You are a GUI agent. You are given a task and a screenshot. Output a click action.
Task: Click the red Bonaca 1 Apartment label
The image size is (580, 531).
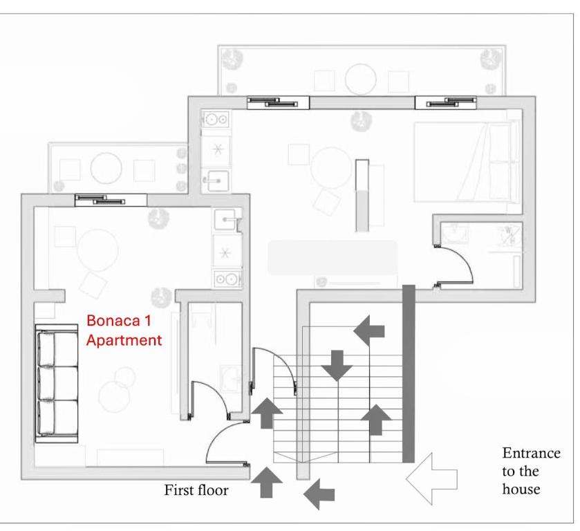pyautogui.click(x=124, y=330)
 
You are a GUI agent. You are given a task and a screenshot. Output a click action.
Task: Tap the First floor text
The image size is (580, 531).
pyautogui.click(x=196, y=490)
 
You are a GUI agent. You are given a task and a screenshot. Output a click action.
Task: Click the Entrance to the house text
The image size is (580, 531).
pyautogui.click(x=531, y=471)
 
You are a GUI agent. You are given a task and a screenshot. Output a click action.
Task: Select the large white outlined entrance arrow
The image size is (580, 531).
pyautogui.click(x=431, y=478)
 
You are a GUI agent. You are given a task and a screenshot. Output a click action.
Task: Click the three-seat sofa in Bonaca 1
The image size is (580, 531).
pyautogui.click(x=57, y=383)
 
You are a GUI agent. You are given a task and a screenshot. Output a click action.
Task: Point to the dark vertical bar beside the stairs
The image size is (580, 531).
pyautogui.click(x=409, y=374)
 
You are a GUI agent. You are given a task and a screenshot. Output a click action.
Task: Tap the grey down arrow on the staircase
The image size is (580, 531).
pyautogui.click(x=337, y=366)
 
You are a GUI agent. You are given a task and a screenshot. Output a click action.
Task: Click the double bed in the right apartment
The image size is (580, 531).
pyautogui.click(x=467, y=162)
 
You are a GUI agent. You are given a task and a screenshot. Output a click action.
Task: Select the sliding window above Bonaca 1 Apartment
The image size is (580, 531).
pyautogui.click(x=111, y=201)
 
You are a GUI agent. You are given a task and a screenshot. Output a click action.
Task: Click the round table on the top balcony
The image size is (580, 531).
pyautogui.click(x=360, y=80)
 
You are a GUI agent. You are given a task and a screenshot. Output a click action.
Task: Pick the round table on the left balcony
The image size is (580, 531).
pyautogui.click(x=106, y=168)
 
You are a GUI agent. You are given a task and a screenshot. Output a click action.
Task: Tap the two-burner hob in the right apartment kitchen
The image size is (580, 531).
pyautogui.click(x=216, y=119)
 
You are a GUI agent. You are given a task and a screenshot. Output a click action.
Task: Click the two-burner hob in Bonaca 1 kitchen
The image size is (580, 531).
pyautogui.click(x=227, y=279)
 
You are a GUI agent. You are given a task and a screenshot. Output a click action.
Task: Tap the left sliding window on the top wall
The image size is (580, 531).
pyautogui.click(x=278, y=102)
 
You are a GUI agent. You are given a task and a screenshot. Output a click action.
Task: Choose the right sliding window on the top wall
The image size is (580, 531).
pyautogui.click(x=445, y=102)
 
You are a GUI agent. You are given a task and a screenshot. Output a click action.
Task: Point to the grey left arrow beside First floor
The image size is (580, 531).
pyautogui.click(x=319, y=494)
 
